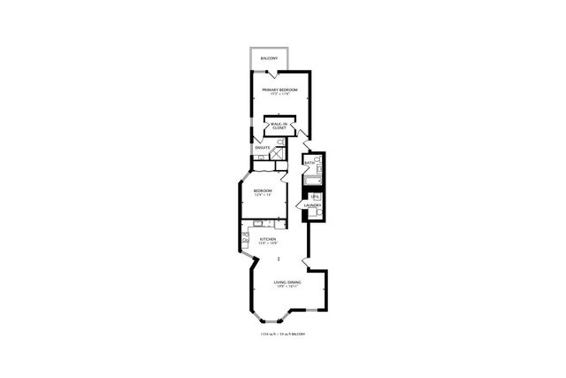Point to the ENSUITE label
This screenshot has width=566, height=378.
pyautogui.click(x=263, y=147)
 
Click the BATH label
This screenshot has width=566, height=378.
pyautogui.click(x=310, y=163)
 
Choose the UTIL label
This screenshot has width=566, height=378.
pyautogui.click(x=313, y=196)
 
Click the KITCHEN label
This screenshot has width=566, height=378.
pyautogui.click(x=267, y=238)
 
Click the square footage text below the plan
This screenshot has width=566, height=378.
pyautogui.click(x=283, y=334)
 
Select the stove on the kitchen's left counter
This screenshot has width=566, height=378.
pyautogui.click(x=246, y=237)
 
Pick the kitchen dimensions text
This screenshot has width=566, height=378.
pyautogui.click(x=267, y=243)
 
